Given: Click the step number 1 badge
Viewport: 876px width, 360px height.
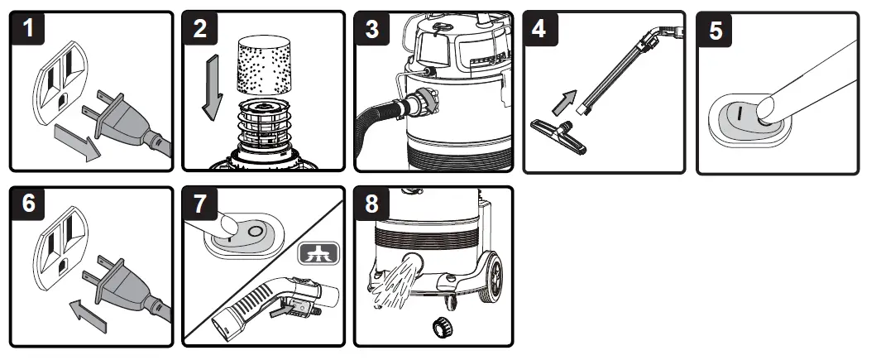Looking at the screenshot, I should click(30, 30).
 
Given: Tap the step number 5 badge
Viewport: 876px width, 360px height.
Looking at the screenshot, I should click(716, 31).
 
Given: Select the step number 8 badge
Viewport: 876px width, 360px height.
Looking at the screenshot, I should click(373, 204).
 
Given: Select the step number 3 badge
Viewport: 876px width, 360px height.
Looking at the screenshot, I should click(373, 31).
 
